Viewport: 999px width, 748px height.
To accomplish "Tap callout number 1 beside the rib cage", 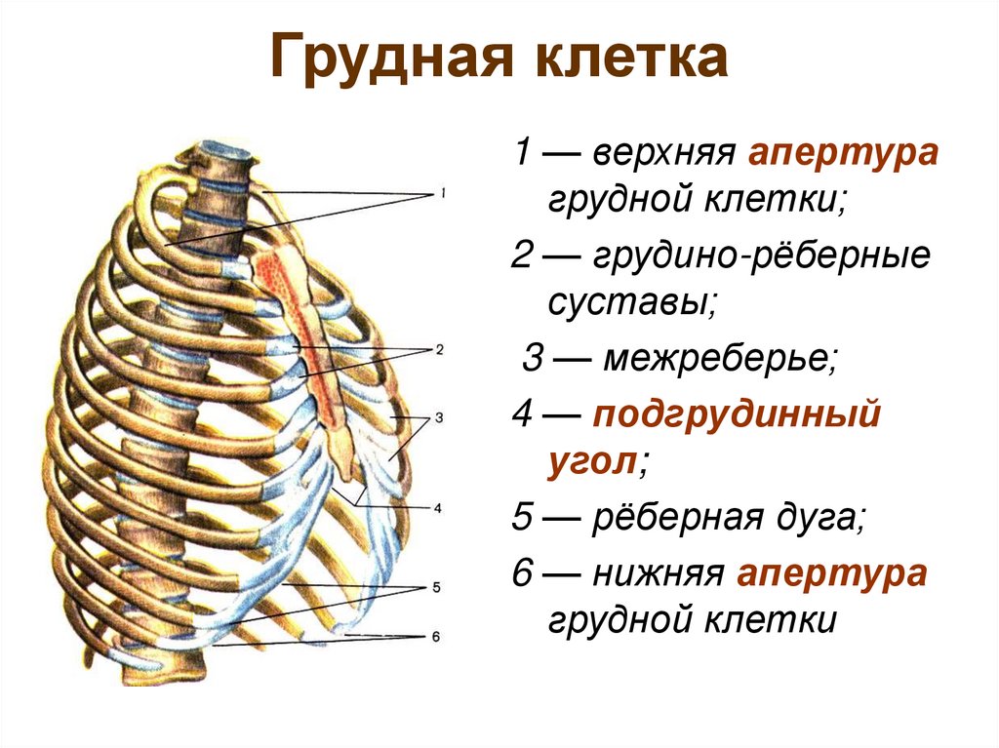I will tap(442, 194).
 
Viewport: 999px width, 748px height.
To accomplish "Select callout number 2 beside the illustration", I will tap(440, 349).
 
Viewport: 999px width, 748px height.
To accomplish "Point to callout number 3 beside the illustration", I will tap(439, 418).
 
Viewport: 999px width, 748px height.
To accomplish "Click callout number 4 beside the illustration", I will tap(438, 507).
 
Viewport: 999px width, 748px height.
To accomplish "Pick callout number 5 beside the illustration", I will tap(436, 588).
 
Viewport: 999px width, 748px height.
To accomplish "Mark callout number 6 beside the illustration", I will tap(436, 636).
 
